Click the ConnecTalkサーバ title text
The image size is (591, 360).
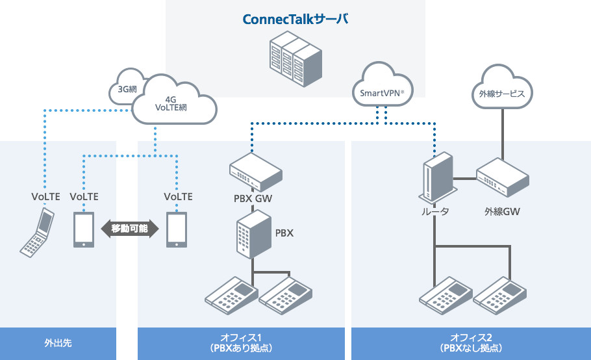click(x=295, y=19)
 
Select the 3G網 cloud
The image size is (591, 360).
click(x=123, y=89)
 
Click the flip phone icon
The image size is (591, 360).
click(x=37, y=233)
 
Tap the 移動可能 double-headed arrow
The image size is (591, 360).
click(x=130, y=229)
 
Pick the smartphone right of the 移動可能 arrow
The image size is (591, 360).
click(x=177, y=229)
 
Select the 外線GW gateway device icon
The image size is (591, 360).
click(x=502, y=178)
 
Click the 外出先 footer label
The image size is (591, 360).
click(x=58, y=342)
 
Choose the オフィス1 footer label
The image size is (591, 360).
click(x=241, y=342)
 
